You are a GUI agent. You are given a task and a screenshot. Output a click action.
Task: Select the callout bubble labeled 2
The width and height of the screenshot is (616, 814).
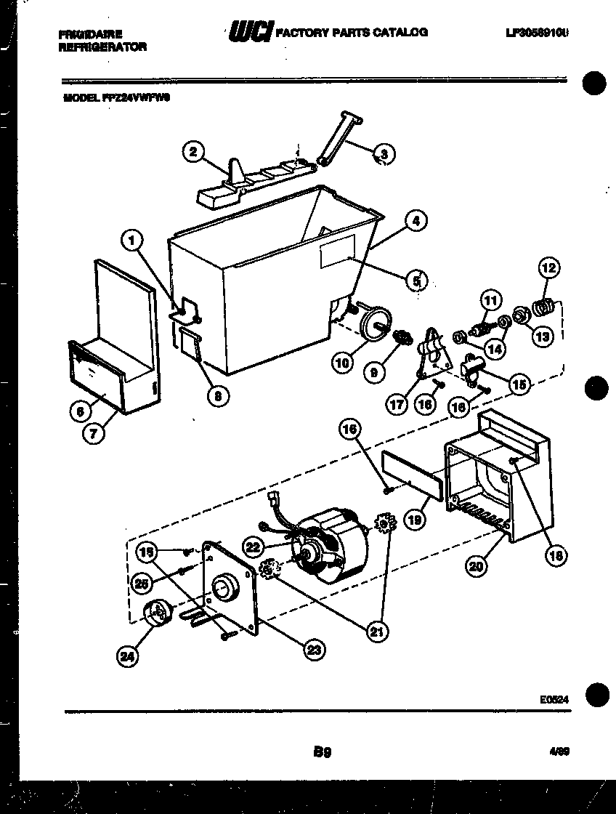pos(191,152)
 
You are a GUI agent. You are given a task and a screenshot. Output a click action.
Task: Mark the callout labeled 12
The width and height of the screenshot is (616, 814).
pos(548,268)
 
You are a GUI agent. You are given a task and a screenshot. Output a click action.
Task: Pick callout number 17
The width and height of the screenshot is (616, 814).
pos(397,404)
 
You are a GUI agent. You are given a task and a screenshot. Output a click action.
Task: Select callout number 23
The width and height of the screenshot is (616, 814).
pos(313,650)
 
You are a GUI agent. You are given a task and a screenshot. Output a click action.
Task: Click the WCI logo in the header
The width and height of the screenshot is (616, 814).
pos(251,33)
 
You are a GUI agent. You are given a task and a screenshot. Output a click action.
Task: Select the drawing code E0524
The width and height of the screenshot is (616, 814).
pos(554,699)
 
